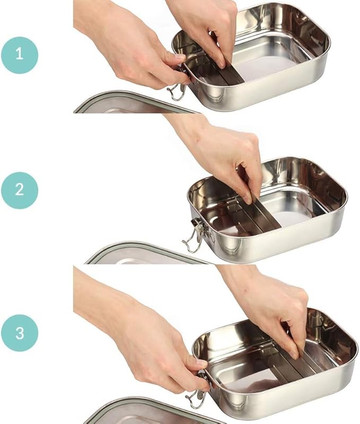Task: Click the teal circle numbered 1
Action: tap(20, 55)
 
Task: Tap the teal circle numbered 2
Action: tap(20, 191)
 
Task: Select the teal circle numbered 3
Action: tap(20, 333)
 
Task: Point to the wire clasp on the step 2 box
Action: tap(195, 235)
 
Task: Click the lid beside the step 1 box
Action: tap(135, 104)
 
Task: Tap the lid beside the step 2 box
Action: tap(146, 254)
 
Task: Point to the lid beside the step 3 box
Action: tap(154, 411)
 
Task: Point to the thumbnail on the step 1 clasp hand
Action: tap(180, 57)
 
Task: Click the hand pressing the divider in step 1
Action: tap(205, 27)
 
